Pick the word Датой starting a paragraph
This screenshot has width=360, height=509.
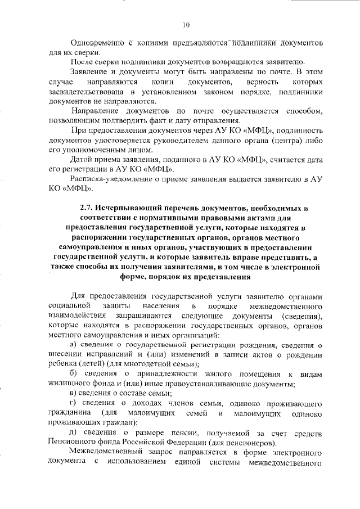point(82,161)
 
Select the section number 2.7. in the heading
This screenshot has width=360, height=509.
point(89,208)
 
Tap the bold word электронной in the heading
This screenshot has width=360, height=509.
point(287,268)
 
